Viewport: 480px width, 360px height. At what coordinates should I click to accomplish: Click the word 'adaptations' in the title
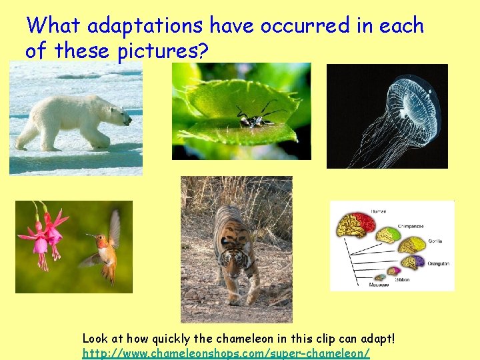click(x=145, y=26)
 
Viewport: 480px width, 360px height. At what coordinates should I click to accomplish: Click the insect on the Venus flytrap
click(x=254, y=117)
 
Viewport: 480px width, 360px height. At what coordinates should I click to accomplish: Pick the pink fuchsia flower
click(x=42, y=237)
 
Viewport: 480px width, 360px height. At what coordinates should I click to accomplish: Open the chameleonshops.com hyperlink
click(x=225, y=353)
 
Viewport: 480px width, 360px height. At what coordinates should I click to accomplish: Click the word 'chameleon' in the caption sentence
click(x=255, y=339)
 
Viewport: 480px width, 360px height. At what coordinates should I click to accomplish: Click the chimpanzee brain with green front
click(x=387, y=235)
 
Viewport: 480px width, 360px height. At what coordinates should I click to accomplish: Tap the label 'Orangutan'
click(x=438, y=263)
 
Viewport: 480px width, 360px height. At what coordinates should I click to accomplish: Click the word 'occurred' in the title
click(x=304, y=26)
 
